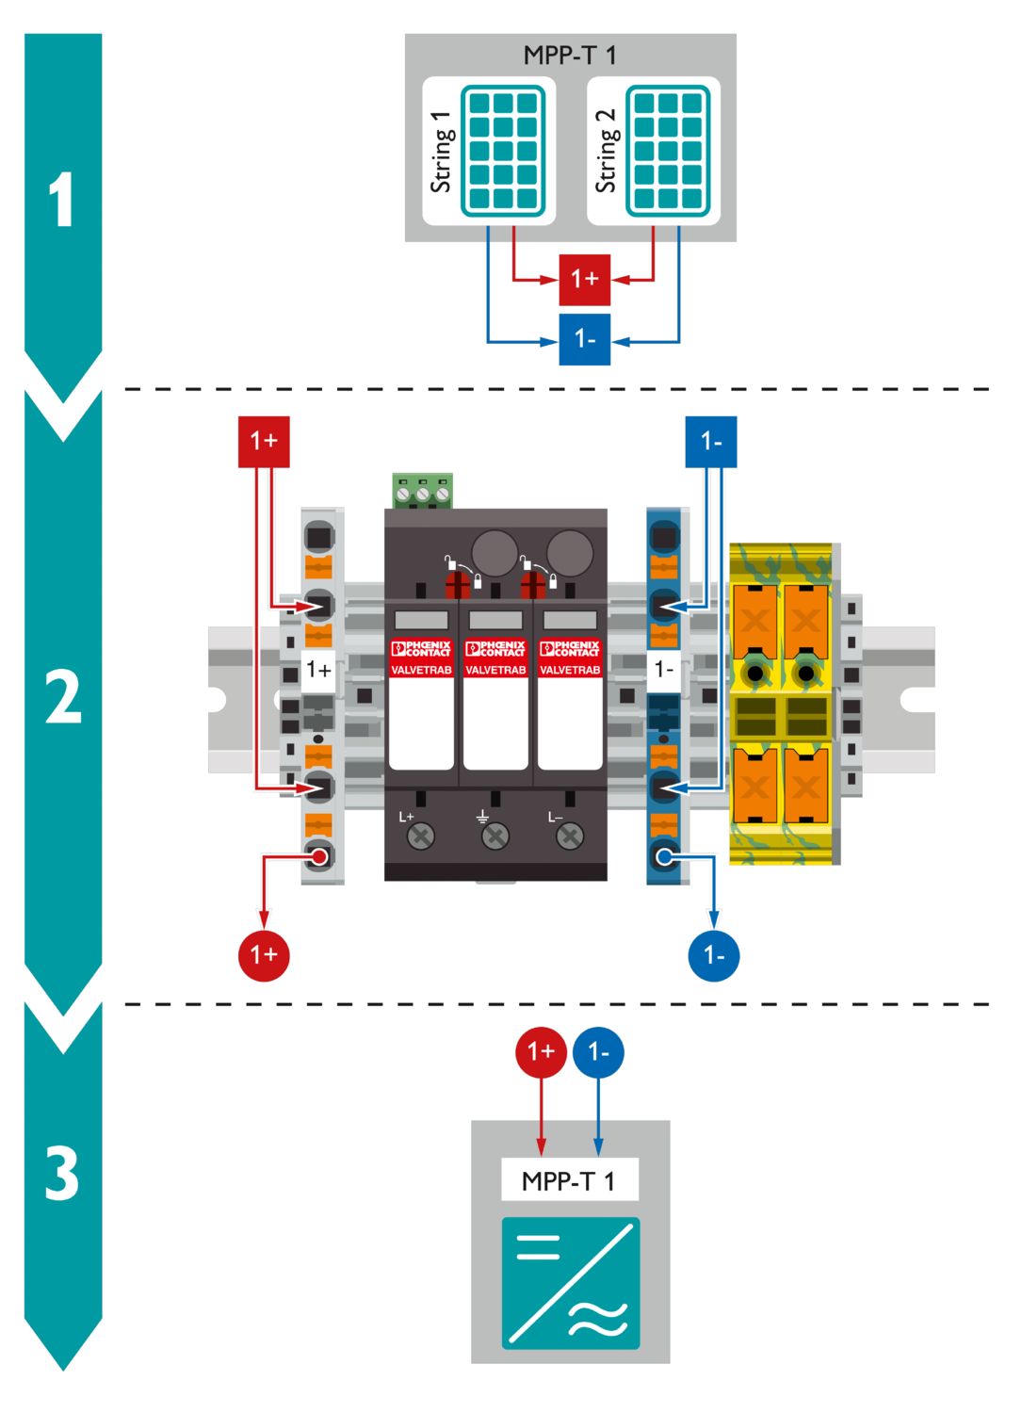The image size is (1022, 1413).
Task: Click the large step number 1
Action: click(x=62, y=200)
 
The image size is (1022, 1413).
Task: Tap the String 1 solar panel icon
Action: click(x=503, y=150)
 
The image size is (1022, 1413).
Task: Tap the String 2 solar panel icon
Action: click(x=668, y=150)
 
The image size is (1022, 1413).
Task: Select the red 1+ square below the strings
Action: click(x=585, y=279)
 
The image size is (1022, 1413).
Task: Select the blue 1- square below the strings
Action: click(x=585, y=339)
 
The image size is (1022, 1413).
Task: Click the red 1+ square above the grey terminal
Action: click(x=264, y=441)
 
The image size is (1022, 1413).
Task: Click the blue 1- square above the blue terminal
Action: click(x=711, y=442)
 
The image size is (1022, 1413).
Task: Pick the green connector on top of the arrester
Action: click(x=423, y=491)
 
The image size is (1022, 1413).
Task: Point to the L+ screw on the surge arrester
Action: click(x=420, y=836)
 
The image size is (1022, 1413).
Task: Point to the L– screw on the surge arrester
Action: click(x=570, y=836)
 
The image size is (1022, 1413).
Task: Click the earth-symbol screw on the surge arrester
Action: click(x=495, y=836)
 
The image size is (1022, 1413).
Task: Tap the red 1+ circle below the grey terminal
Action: click(x=264, y=955)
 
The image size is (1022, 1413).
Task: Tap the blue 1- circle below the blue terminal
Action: click(x=714, y=956)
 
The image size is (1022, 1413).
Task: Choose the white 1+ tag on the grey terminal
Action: click(x=318, y=670)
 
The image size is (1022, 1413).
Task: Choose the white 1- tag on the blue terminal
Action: click(x=664, y=669)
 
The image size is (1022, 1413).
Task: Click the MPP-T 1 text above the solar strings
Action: click(x=570, y=55)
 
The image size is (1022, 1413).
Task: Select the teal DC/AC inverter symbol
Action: click(x=571, y=1283)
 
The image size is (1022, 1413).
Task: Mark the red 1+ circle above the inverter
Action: click(x=541, y=1051)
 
